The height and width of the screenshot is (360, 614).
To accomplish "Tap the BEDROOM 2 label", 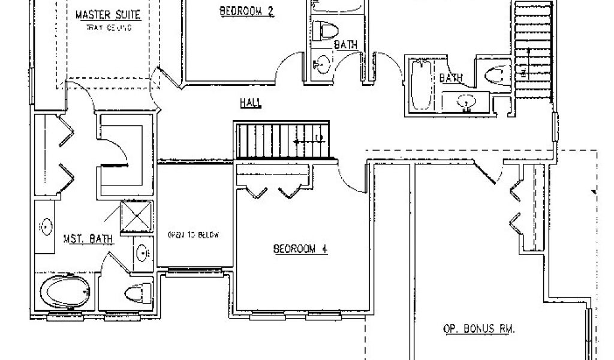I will pyautogui.click(x=246, y=10).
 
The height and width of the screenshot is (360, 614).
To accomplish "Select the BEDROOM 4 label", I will pyautogui.click(x=300, y=250).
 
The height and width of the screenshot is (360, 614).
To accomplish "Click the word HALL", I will pyautogui.click(x=250, y=103).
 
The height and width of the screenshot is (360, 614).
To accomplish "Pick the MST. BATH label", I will pyautogui.click(x=88, y=239).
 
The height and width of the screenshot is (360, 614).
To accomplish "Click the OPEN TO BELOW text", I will pyautogui.click(x=191, y=235).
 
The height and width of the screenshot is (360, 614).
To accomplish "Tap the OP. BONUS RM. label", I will pyautogui.click(x=480, y=329).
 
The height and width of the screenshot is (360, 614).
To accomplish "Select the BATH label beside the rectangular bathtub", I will pyautogui.click(x=451, y=78).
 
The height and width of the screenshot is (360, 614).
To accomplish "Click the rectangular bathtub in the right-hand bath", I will pyautogui.click(x=420, y=84).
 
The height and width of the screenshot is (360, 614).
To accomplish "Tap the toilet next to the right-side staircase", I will pyautogui.click(x=494, y=74).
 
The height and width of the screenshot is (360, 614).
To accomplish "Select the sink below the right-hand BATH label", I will pyautogui.click(x=465, y=103).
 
